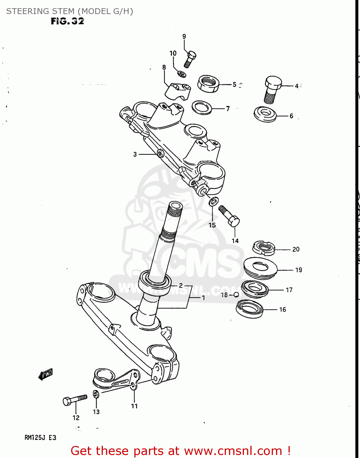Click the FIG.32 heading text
point(67,21)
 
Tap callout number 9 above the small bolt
point(184,36)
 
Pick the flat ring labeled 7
point(202,107)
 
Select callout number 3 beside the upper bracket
point(135,154)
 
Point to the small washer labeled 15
point(213,201)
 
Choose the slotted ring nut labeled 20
point(264,248)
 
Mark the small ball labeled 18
point(236,295)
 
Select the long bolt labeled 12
point(75,399)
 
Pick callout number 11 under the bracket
point(134,406)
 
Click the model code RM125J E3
point(40,438)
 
